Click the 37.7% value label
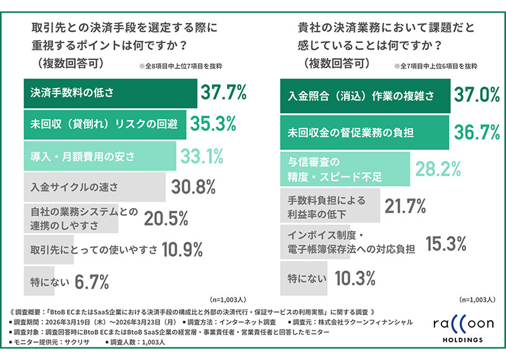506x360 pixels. click(x=223, y=93)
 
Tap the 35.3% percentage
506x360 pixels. click(x=213, y=124)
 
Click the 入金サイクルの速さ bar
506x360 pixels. click(x=95, y=187)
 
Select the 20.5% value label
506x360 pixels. click(x=166, y=218)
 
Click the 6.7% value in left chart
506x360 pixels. click(x=92, y=280)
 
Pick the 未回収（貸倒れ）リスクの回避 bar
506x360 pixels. click(x=104, y=124)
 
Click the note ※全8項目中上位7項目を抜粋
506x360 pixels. click(x=180, y=66)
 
